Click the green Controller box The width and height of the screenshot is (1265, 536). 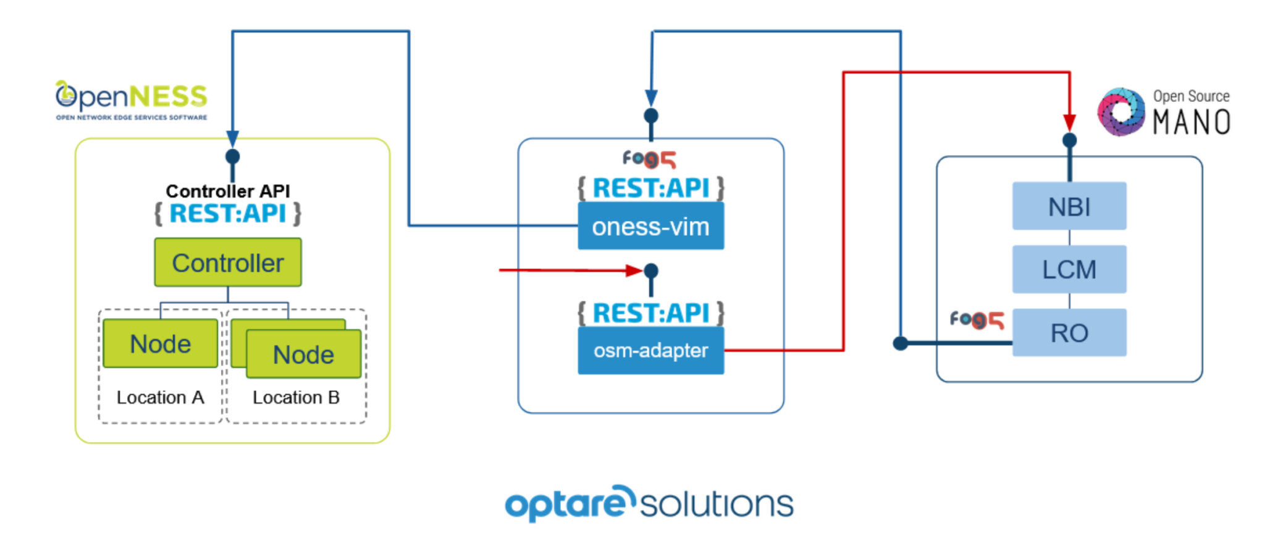pyautogui.click(x=228, y=262)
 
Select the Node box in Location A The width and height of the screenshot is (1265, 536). pyautogui.click(x=161, y=343)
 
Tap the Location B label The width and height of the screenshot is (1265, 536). pyautogui.click(x=296, y=397)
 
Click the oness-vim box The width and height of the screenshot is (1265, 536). pyautogui.click(x=650, y=227)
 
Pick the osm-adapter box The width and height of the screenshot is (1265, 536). pyautogui.click(x=650, y=351)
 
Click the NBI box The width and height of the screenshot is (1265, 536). pyautogui.click(x=1069, y=206)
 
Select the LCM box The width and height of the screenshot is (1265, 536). pyautogui.click(x=1069, y=269)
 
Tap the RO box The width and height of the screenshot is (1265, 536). pyautogui.click(x=1069, y=333)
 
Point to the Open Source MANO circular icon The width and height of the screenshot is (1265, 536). pyautogui.click(x=1120, y=112)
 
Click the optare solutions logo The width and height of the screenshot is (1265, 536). pyautogui.click(x=649, y=503)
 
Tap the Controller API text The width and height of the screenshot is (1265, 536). pyautogui.click(x=228, y=191)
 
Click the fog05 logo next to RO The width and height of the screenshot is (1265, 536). pyautogui.click(x=977, y=319)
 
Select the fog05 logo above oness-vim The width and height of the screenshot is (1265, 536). pyautogui.click(x=649, y=159)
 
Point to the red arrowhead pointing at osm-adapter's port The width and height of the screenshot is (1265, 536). pyautogui.click(x=633, y=270)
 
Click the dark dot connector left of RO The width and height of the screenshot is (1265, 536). pyautogui.click(x=901, y=343)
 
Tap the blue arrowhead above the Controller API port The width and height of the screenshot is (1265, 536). pyautogui.click(x=233, y=138)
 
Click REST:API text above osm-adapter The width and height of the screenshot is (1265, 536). pyautogui.click(x=650, y=313)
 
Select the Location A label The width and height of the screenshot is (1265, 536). pyautogui.click(x=160, y=397)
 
